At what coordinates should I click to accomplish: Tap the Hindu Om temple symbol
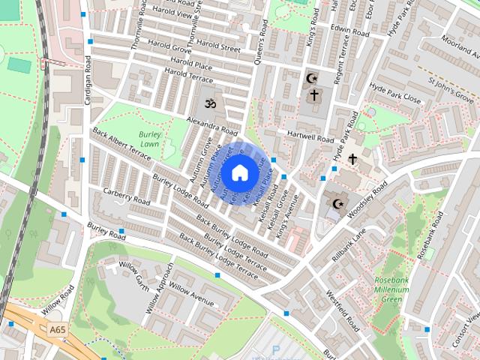pos(208,109)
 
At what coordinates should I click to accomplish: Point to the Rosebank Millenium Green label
pos(391,291)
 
